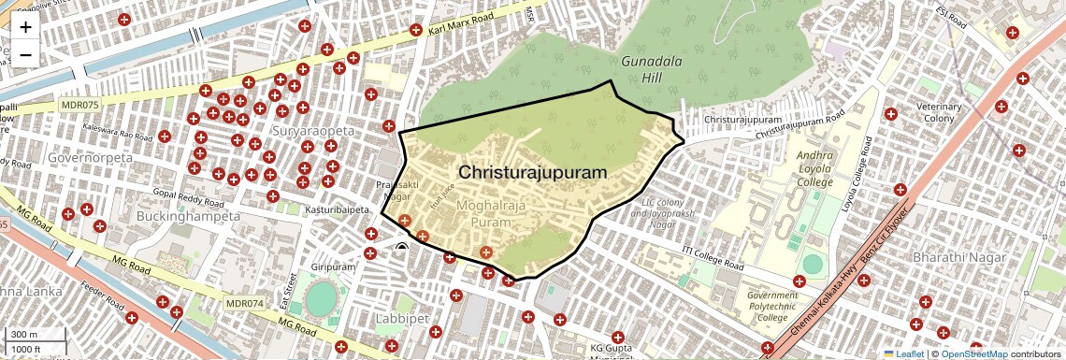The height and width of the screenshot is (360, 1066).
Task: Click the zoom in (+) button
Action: pos(25,27)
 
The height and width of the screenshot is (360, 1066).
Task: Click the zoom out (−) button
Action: pos(25,54)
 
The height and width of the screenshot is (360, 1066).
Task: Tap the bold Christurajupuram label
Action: pos(533,173)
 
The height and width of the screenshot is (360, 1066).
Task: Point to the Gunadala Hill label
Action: pos(645,70)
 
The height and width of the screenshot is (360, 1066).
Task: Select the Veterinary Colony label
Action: pos(939,113)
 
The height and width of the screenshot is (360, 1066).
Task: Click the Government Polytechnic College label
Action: pos(772,307)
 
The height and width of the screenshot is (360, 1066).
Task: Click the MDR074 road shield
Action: pos(246,304)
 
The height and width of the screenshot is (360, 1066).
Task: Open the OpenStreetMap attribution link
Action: pos(973,354)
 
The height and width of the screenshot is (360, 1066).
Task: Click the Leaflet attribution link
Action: pos(903,354)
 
